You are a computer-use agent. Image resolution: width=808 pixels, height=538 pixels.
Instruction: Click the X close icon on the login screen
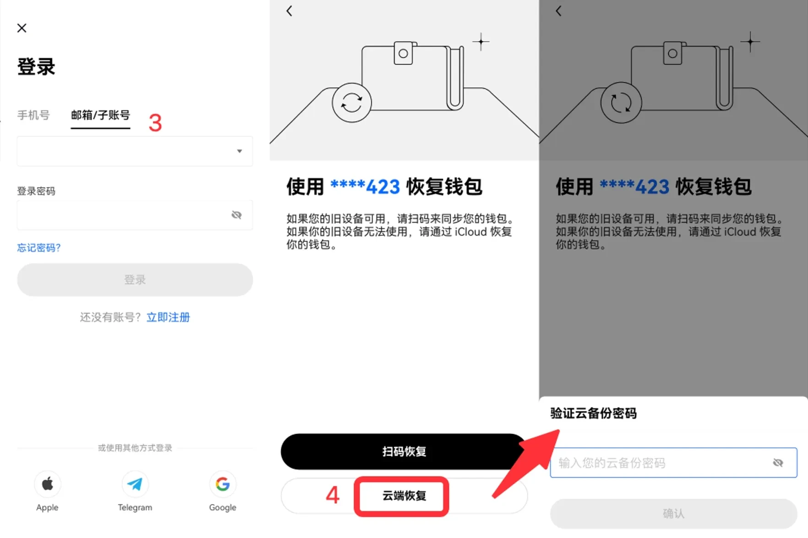22,28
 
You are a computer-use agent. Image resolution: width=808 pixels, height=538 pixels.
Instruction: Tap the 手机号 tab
33,115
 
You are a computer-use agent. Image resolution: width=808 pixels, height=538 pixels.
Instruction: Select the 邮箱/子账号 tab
100,115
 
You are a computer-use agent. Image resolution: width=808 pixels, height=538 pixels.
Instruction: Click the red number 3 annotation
155,123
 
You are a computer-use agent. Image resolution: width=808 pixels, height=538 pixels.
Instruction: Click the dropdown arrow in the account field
239,151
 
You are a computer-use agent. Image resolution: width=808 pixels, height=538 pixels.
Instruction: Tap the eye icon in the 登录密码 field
236,215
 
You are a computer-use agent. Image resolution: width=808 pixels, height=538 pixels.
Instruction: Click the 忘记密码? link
39,248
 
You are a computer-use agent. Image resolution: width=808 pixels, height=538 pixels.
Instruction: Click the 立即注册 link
168,317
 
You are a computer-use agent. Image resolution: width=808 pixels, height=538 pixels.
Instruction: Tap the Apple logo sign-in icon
48,484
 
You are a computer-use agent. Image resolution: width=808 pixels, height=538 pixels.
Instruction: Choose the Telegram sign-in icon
135,484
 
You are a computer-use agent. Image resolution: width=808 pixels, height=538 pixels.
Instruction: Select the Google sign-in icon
223,484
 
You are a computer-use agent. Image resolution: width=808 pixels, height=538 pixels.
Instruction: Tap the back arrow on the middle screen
289,11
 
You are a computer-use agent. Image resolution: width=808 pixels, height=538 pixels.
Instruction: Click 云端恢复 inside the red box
404,496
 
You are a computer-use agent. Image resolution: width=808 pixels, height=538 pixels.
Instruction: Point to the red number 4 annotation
333,495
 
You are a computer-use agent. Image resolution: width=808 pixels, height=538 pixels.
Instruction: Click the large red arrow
527,463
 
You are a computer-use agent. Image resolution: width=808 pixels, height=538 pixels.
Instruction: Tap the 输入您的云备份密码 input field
660,463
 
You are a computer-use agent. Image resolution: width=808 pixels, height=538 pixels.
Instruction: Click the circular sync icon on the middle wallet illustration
351,103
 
